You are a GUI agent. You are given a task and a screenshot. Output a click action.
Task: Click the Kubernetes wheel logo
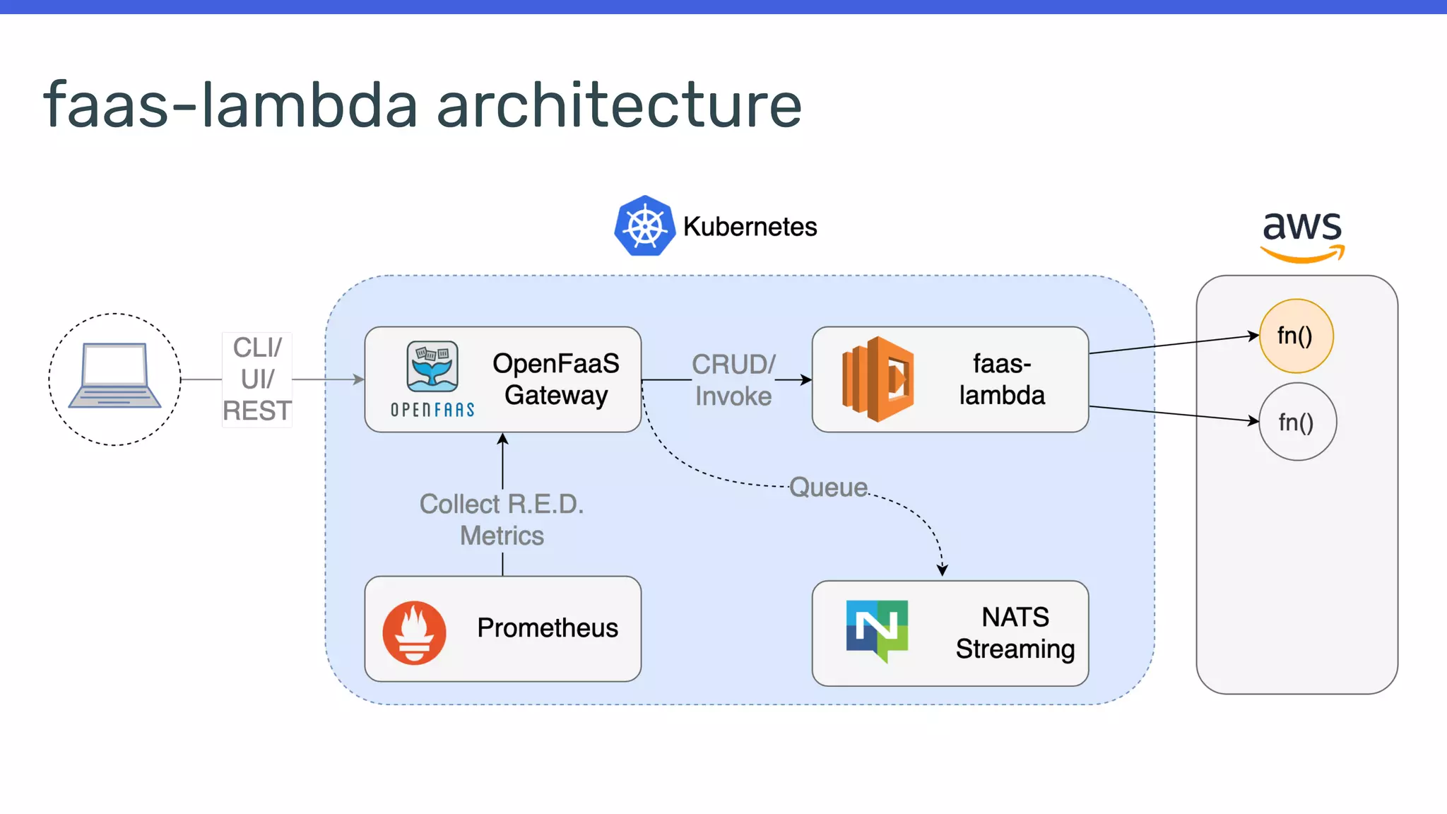pos(644,226)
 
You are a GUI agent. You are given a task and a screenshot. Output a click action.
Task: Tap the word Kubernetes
pos(750,227)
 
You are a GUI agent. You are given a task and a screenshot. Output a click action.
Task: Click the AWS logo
pos(1302,235)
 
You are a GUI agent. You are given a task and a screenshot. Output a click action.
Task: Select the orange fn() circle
pos(1296,336)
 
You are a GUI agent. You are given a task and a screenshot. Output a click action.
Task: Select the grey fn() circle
pos(1297,422)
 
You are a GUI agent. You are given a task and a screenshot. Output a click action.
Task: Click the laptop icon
pos(114,377)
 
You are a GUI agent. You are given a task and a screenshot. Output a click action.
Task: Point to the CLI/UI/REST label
pos(257,379)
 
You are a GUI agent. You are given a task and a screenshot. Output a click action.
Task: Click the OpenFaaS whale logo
pos(432,367)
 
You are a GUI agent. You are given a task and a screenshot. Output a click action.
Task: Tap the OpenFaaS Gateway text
pos(555,379)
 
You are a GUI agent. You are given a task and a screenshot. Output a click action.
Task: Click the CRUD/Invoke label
pos(733,380)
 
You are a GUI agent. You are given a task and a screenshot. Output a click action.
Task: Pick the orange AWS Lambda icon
pos(878,379)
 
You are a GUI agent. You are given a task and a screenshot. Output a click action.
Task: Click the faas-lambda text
pos(1001,379)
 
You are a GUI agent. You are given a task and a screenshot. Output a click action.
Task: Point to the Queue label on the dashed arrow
pos(828,488)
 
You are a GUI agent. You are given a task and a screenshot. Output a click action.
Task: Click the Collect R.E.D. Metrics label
pos(502,520)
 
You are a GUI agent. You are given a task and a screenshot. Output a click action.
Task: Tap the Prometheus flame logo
pos(414,632)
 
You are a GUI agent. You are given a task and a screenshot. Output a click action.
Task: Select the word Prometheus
pos(548,628)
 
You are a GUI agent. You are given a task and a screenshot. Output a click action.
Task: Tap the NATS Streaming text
pos(1015,633)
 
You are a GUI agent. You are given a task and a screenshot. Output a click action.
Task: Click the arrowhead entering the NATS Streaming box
pos(942,570)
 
